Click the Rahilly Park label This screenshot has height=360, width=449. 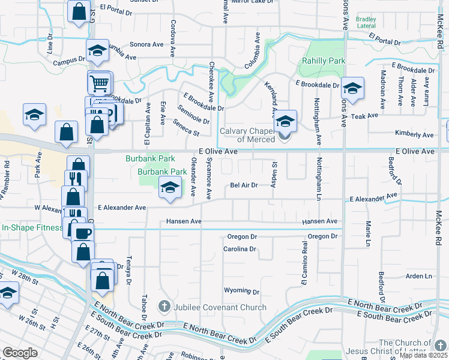(x=324, y=61)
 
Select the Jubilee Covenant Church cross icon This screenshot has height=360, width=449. (x=163, y=307)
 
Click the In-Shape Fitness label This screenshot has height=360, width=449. (x=32, y=227)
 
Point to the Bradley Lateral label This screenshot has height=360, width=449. (x=366, y=22)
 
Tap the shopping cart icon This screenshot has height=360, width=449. (x=100, y=82)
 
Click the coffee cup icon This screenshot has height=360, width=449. (x=82, y=232)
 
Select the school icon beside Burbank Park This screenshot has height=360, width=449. (x=170, y=187)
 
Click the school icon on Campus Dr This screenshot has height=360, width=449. (x=97, y=52)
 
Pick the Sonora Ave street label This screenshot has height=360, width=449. (x=146, y=44)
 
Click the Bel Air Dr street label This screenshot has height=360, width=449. (x=244, y=185)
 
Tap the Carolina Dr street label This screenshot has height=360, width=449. (x=240, y=248)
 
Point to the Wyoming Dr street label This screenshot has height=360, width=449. (x=241, y=291)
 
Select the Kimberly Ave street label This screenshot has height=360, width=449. (x=414, y=134)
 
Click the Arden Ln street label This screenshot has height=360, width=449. (x=419, y=276)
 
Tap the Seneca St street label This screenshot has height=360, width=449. (x=185, y=127)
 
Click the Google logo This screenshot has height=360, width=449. (x=20, y=353)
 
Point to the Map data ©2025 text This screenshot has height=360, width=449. (x=423, y=355)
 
